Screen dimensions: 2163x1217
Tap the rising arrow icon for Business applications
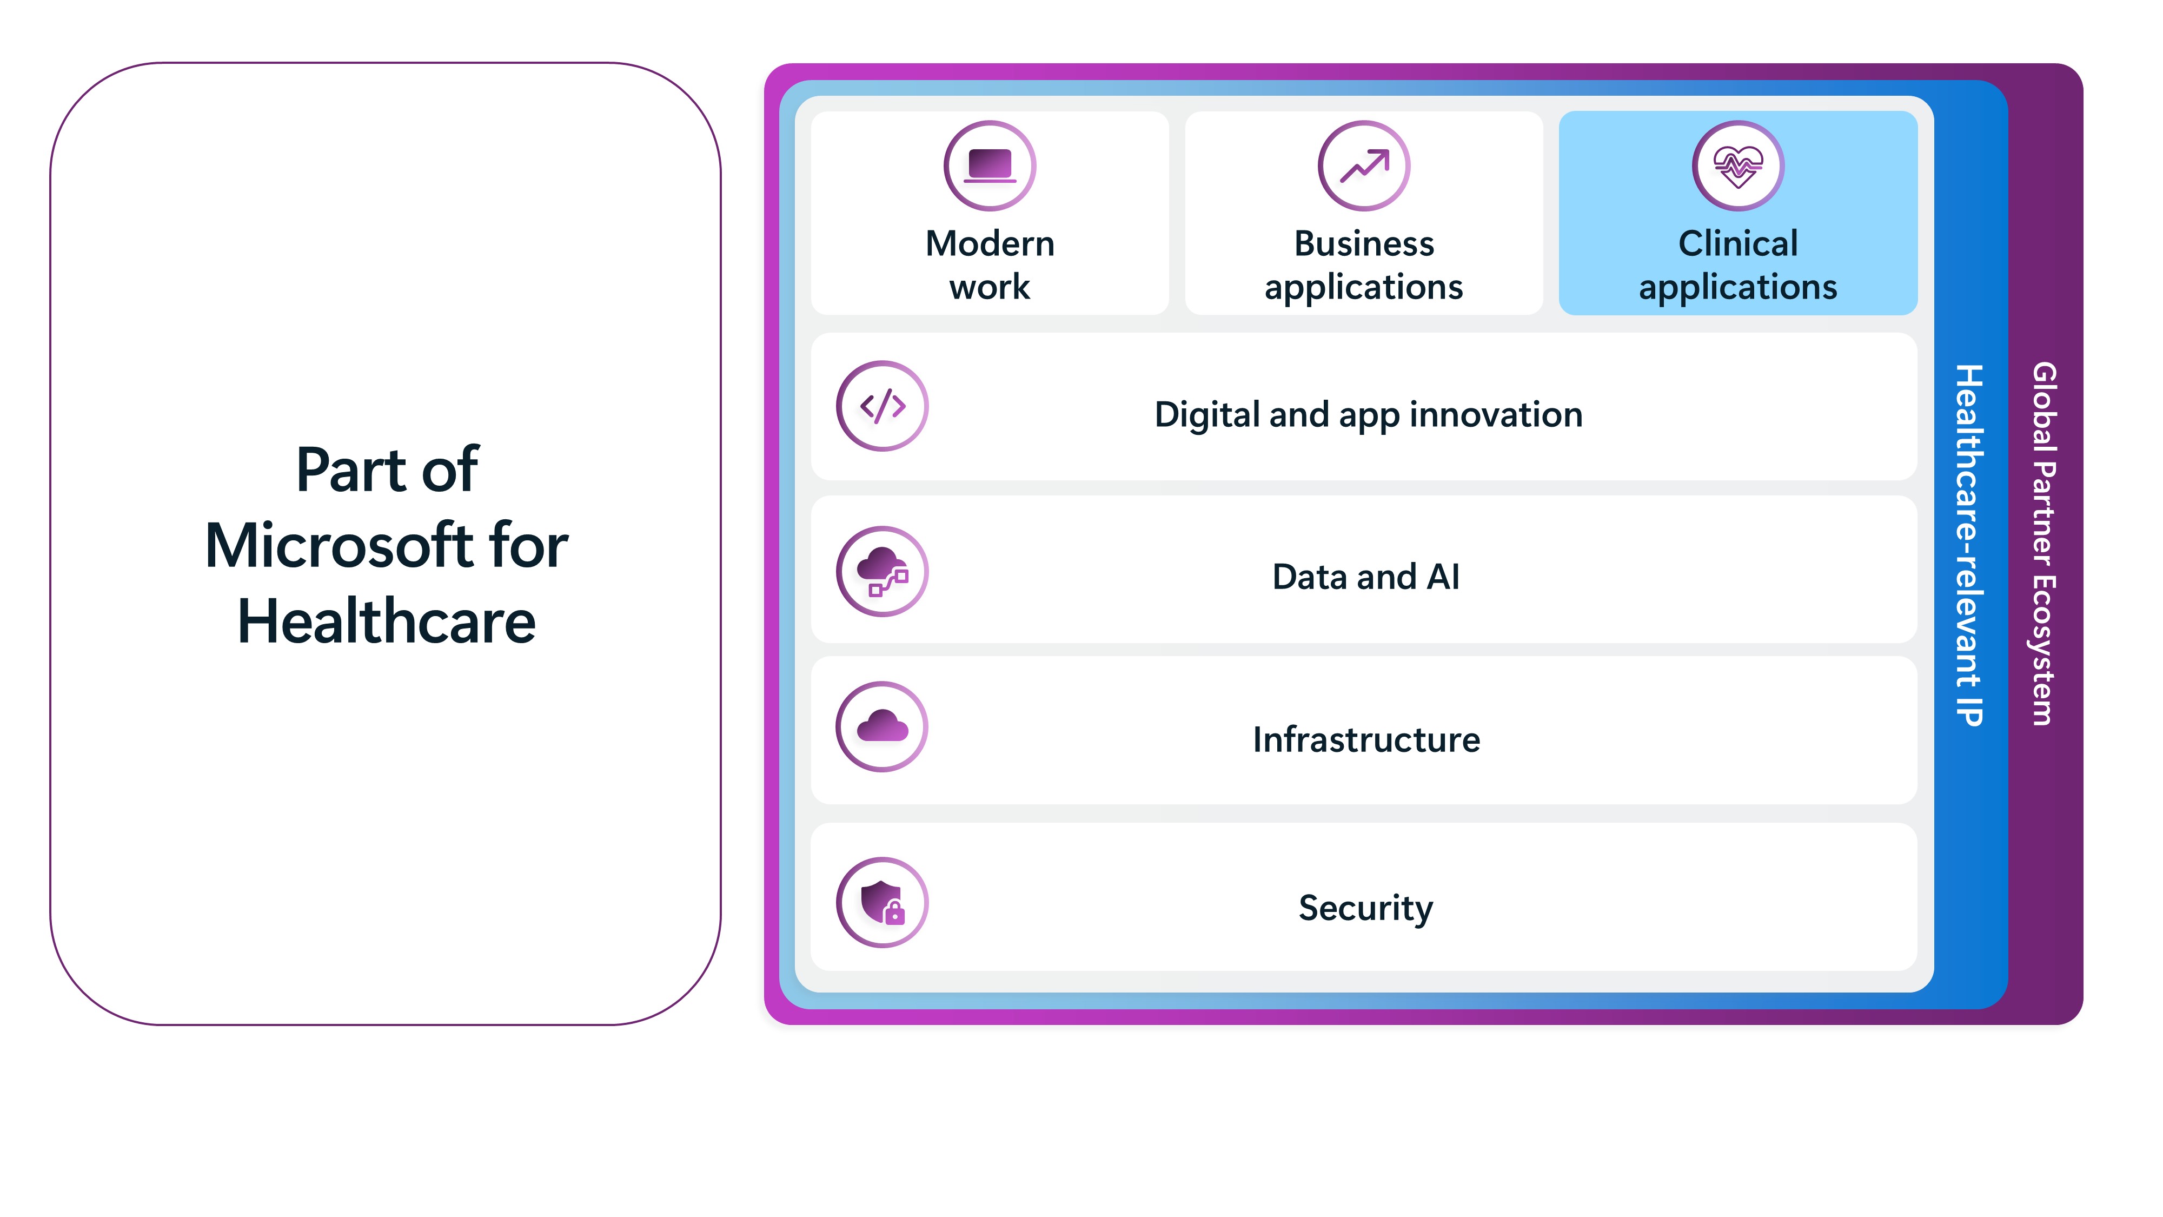click(x=1364, y=166)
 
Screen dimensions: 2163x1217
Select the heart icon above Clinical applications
click(x=1738, y=166)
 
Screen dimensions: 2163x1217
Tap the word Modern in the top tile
click(x=990, y=243)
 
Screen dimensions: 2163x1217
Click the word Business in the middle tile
click(x=1364, y=243)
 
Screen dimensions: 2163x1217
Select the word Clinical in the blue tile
click(x=1738, y=243)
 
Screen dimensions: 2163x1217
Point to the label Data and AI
click(x=1366, y=577)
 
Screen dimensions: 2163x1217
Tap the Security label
click(x=1366, y=909)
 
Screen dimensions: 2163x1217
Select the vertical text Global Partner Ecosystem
click(x=2044, y=544)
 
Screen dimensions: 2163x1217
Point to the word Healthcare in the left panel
click(x=386, y=621)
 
